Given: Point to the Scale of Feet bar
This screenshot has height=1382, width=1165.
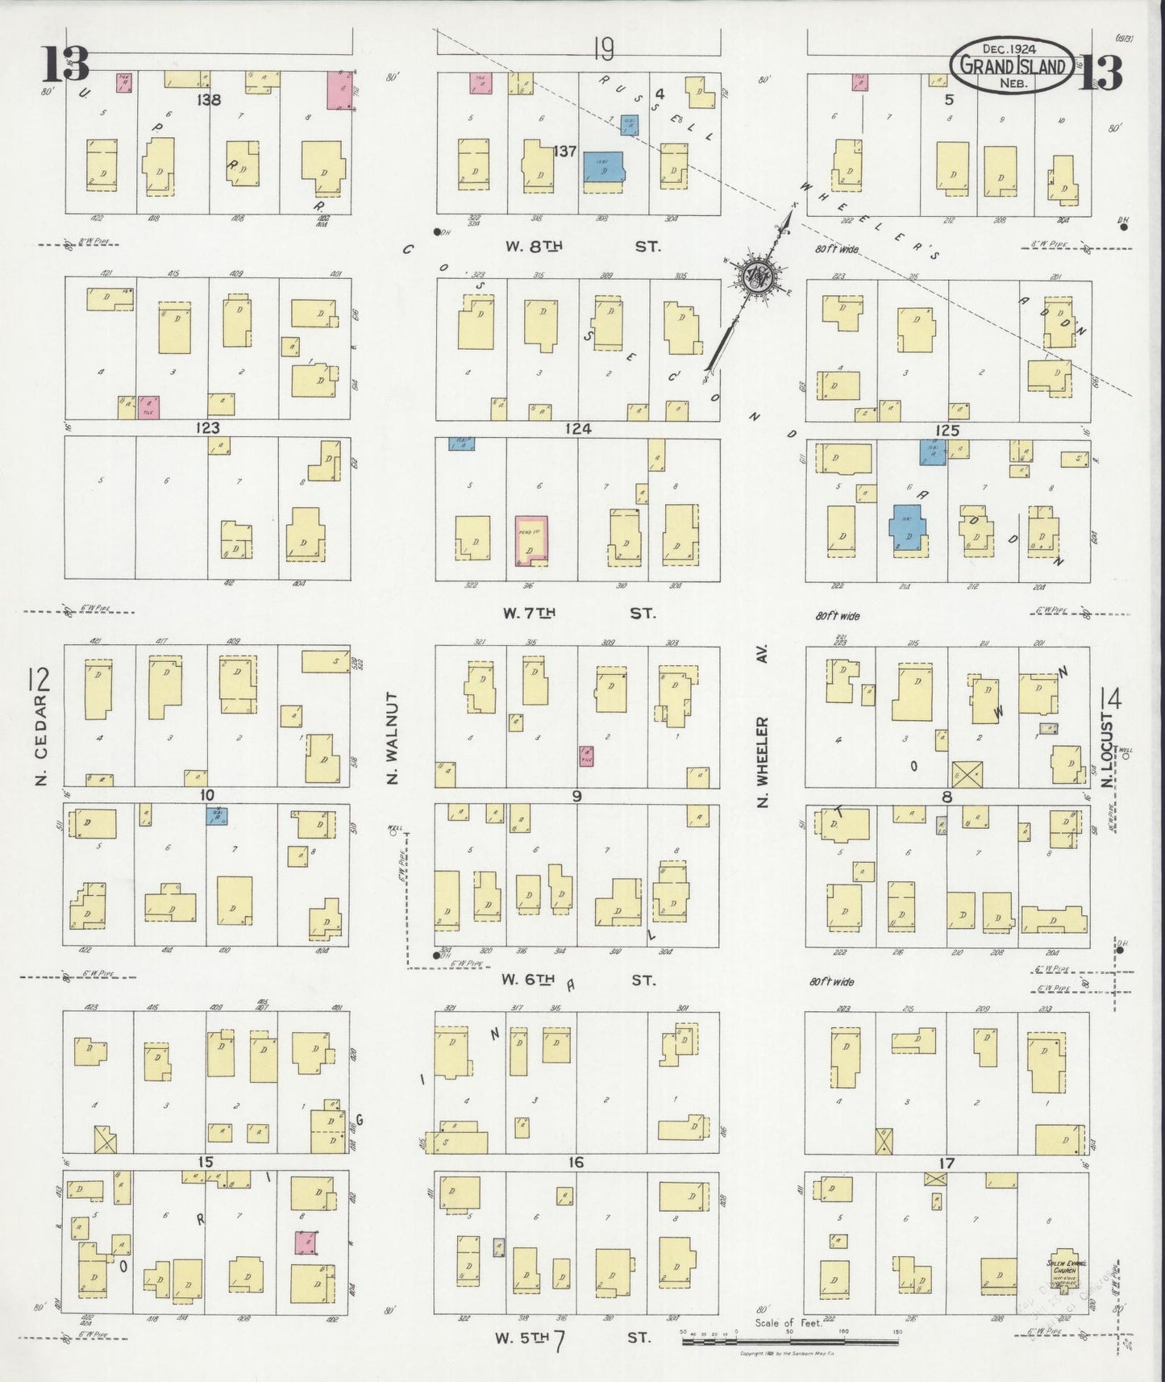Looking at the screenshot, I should pos(790,1342).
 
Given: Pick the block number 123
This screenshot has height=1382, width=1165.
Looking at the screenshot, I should pos(208,428).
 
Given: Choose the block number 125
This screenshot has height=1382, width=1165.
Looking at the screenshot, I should pos(947,431).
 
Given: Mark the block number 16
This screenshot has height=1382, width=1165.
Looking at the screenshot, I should pos(576,1163).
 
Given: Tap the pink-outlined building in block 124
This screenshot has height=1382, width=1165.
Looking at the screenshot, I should pos(531,540).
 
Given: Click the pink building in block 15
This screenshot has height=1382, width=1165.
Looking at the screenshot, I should pos(305,1243).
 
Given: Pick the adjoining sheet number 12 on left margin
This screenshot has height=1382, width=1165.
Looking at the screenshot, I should pos(38,681).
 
